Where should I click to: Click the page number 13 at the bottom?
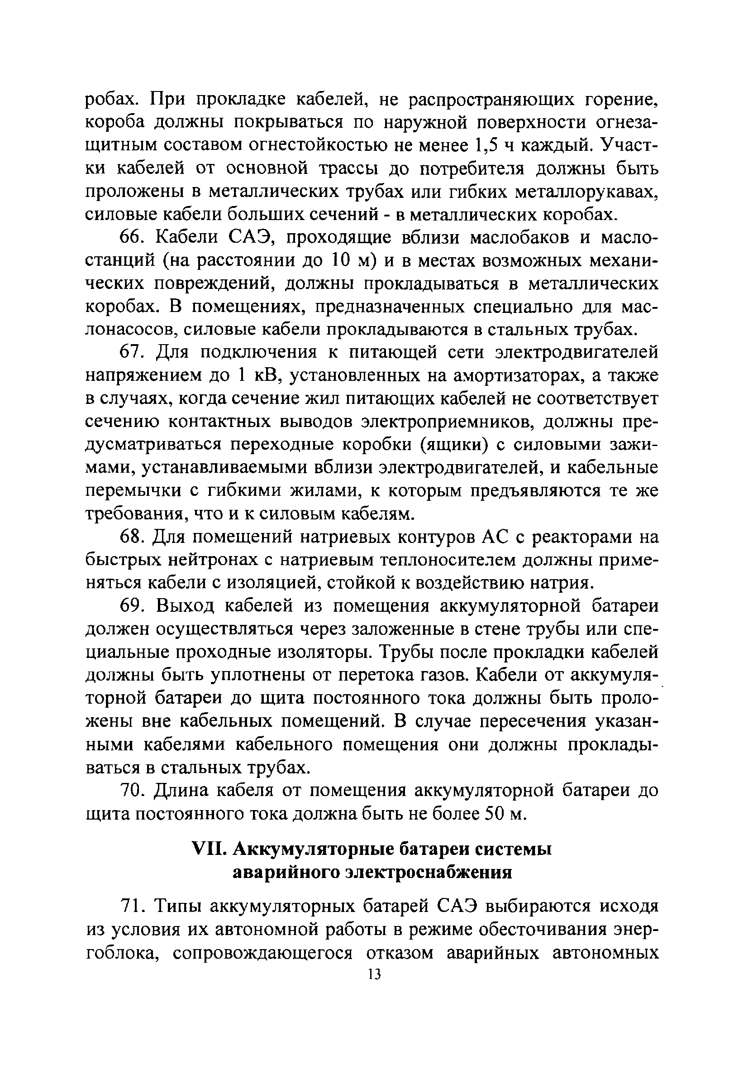374,974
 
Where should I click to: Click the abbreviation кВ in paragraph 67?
263,376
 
